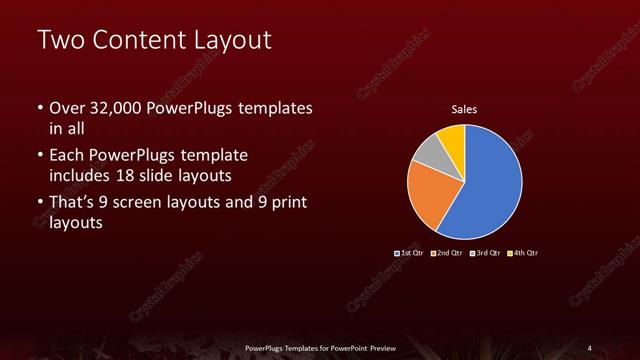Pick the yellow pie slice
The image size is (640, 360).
[451, 136]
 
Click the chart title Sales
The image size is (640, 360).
[464, 109]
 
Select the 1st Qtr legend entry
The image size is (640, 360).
[410, 252]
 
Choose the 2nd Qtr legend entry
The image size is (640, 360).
[446, 252]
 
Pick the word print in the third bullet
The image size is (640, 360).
[286, 203]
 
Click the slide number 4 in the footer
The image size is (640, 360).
[590, 347]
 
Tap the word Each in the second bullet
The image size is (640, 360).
[67, 155]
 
